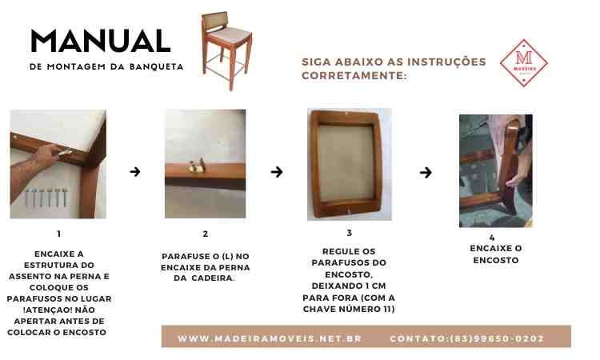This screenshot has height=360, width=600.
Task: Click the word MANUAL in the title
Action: pos(101,41)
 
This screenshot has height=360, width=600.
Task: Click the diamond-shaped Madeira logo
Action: pos(523,63)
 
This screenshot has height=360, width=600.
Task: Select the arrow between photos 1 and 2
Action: pos(135,172)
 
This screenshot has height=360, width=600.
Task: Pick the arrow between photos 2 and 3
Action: pos(277,172)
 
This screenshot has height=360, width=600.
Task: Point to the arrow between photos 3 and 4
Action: pos(426,173)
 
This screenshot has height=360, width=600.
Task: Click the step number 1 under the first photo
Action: pos(58,234)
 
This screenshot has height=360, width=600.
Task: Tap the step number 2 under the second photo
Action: pos(206,234)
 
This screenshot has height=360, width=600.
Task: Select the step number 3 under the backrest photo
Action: pos(349,233)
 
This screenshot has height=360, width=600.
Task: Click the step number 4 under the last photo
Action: pos(492,238)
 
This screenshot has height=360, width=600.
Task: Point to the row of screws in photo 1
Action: pos(46,198)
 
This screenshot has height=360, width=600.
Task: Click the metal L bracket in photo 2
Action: pos(198,166)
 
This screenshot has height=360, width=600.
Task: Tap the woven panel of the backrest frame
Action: pos(346,163)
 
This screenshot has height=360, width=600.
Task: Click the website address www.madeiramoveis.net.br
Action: pos(270,338)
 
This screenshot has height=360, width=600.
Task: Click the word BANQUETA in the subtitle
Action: pos(156,66)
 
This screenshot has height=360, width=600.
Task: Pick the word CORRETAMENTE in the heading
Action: pos(354,76)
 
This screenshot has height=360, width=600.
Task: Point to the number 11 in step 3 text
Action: pos(389,309)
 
